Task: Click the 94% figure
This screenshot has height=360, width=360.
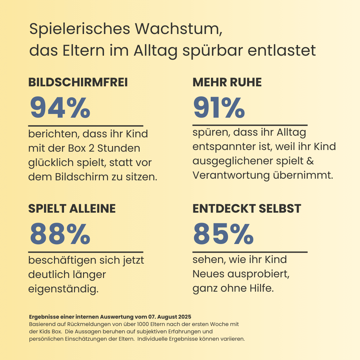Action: coord(60,107)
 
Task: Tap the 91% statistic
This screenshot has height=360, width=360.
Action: coord(219,107)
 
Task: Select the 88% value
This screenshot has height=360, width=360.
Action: coord(60,233)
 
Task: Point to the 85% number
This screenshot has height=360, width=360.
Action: coord(223,233)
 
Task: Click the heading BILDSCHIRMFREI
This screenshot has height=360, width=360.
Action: coord(78,83)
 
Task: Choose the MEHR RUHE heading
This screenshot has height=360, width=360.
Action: coord(227,83)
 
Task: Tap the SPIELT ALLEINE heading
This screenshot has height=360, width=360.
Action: coord(72,209)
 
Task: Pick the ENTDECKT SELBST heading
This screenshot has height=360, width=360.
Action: coord(247,209)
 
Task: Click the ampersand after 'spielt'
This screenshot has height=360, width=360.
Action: coord(310,161)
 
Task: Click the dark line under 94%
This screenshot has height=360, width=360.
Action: coord(86,126)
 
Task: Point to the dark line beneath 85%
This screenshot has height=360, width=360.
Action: coord(250,252)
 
